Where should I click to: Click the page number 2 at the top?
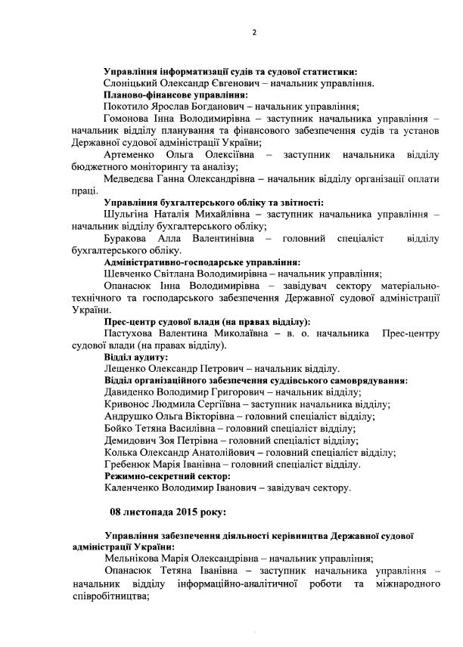tap(253, 33)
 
